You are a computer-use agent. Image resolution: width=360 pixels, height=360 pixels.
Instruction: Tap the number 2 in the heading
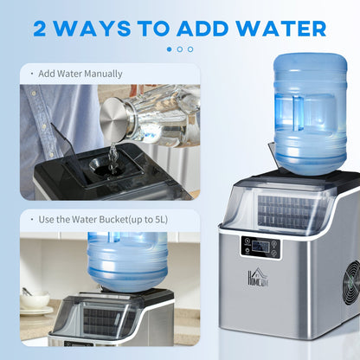click(x=43, y=28)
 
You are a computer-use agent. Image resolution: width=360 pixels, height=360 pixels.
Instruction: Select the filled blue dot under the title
click(x=170, y=49)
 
